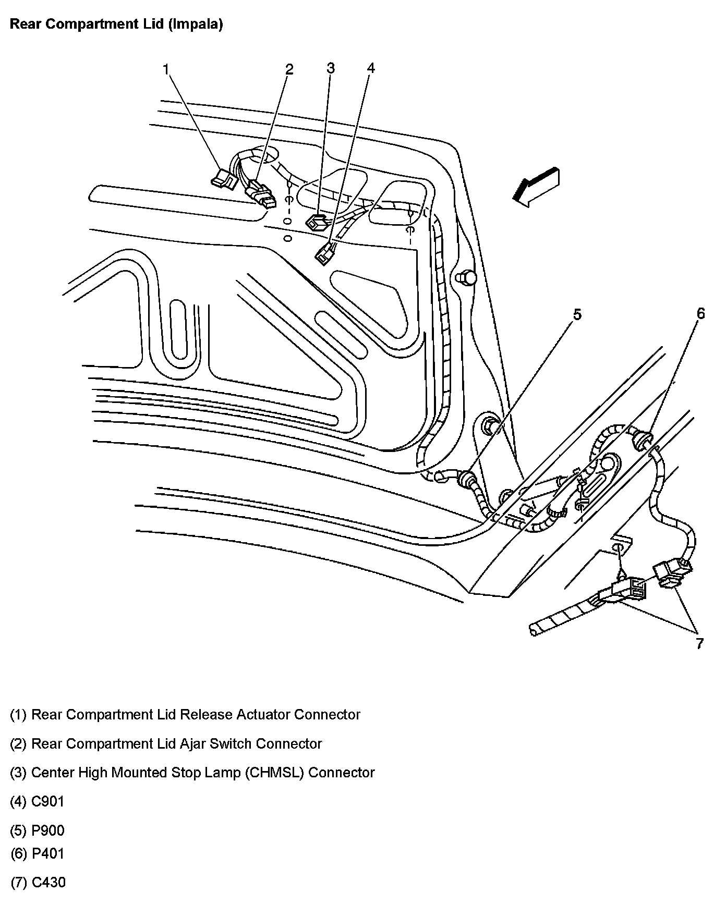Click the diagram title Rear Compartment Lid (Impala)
tap(116, 25)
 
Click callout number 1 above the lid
tap(165, 69)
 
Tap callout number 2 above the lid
tap(289, 69)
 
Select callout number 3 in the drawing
tap(330, 68)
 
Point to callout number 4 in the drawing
tap(370, 68)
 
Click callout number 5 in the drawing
tap(577, 314)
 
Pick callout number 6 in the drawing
tap(700, 313)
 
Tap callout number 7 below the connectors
tap(699, 643)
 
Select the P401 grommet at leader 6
tap(642, 441)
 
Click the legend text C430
tap(49, 883)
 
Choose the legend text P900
tap(48, 830)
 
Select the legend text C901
tap(48, 801)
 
